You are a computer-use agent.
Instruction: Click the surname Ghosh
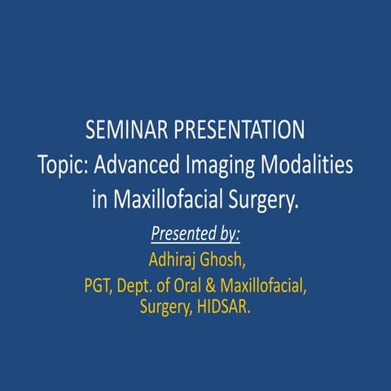(222, 261)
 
